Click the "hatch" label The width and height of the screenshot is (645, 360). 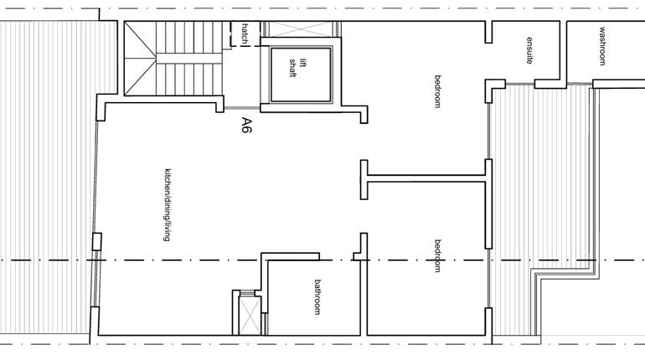pos(245,33)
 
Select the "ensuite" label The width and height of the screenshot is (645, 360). pos(529,51)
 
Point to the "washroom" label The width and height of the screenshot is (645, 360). pos(601,46)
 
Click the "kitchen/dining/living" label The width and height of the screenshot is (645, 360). pos(168,205)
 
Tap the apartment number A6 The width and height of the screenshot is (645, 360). pos(246,126)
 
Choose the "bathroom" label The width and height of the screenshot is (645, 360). pos(317,296)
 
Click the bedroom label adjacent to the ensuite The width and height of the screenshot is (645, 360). pos(437,91)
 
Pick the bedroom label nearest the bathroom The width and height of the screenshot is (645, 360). pos(437,255)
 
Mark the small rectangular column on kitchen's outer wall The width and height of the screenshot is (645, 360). pos(96,242)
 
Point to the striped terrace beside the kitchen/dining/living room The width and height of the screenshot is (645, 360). pos(46,180)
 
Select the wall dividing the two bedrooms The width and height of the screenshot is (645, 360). pos(423,177)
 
